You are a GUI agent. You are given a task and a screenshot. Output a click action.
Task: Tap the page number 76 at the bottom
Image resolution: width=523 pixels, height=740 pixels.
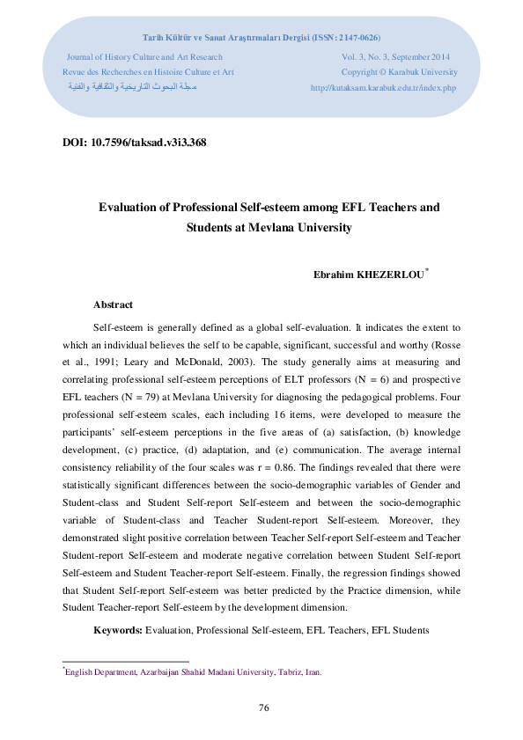(262, 707)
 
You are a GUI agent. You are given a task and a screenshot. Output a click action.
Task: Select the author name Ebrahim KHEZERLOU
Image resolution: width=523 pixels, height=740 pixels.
(368, 275)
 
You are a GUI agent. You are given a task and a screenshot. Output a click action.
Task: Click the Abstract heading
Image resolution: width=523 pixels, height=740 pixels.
(113, 304)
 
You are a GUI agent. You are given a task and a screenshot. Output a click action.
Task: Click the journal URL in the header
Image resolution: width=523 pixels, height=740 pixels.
(384, 88)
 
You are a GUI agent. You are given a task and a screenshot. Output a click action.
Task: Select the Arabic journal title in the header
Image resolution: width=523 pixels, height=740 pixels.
(132, 88)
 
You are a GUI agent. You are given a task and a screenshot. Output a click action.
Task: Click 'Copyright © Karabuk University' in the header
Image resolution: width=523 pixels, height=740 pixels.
(399, 71)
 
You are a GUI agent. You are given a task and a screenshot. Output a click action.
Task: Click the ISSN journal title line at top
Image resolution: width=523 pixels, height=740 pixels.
(261, 38)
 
